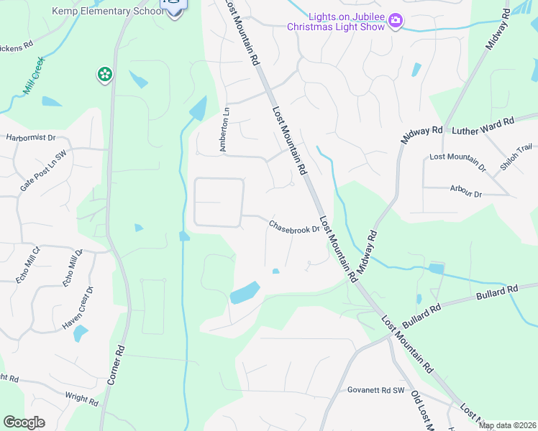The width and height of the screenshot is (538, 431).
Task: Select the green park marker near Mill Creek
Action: pos(105,73)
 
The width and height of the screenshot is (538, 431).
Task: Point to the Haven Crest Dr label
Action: pos(78,308)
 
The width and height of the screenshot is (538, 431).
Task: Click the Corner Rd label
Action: pos(116,365)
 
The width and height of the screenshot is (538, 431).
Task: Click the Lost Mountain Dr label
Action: pos(457,162)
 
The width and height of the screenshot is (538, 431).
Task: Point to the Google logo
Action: pos(24,422)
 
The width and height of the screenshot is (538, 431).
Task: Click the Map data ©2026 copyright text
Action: pos(507,425)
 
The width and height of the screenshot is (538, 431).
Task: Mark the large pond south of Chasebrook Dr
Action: pos(245,292)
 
